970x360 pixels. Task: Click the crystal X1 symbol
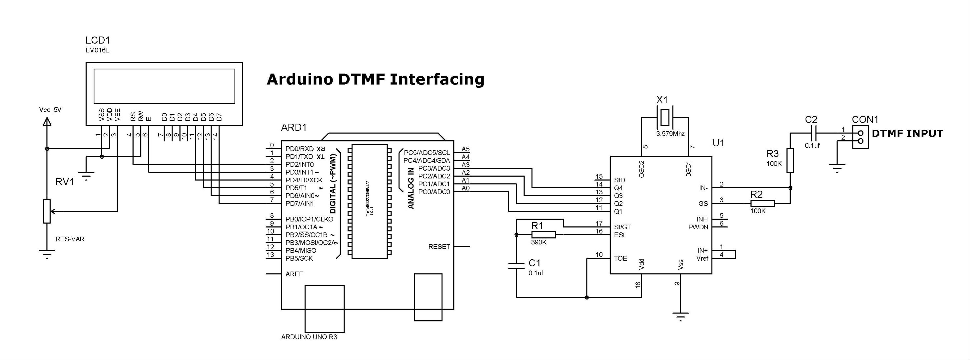coord(665,117)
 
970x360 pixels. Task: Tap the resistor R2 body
coord(762,204)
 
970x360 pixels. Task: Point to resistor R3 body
coord(790,160)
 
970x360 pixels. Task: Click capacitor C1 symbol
coord(516,266)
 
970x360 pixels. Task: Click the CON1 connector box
coord(860,137)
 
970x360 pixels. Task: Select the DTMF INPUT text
coord(907,134)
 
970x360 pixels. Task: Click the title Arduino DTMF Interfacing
coord(376,79)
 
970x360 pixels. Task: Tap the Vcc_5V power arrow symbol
coord(47,122)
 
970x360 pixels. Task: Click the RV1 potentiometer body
coord(47,211)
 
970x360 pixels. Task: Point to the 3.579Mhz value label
coord(670,134)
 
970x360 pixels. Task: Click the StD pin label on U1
coord(619,180)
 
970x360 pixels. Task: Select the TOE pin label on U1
coord(620,258)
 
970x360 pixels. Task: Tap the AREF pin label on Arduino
coord(294,274)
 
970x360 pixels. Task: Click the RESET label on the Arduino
coord(439,247)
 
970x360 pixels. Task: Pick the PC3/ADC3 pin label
coord(434,168)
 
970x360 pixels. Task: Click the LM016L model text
coord(97,50)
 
